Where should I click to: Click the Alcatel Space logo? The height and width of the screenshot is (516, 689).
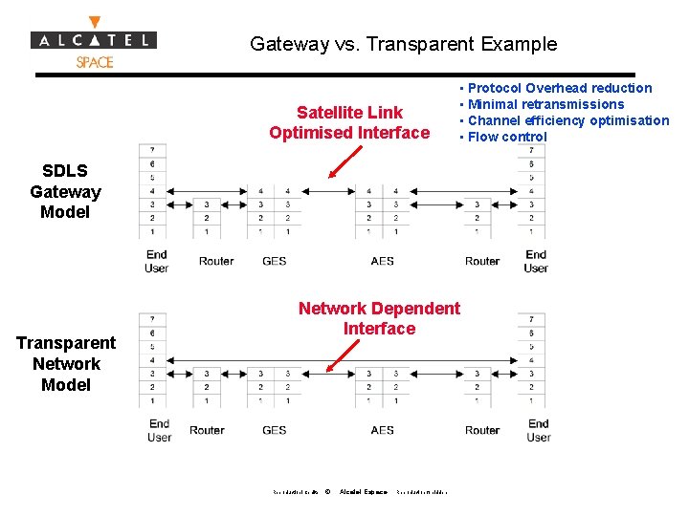94,42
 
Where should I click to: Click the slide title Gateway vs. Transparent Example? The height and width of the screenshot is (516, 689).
403,44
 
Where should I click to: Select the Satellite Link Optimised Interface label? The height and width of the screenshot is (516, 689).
349,122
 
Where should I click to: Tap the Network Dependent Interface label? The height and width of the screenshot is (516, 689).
379,318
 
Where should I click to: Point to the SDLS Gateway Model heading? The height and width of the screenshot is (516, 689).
65,191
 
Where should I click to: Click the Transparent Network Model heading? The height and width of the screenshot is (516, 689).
66,364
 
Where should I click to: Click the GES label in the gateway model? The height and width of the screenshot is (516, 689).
275,261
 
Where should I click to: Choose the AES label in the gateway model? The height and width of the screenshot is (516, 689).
382,261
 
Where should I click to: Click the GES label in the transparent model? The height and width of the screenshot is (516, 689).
275,430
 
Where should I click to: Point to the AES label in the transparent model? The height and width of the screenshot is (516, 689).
382,430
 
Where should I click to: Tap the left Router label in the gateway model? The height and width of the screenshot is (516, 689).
216,261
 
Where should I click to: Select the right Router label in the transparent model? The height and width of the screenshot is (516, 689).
482,430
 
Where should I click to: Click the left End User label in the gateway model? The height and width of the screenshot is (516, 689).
157,261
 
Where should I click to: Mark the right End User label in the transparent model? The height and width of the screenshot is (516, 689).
539,430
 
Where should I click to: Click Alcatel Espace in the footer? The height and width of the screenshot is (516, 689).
364,492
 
